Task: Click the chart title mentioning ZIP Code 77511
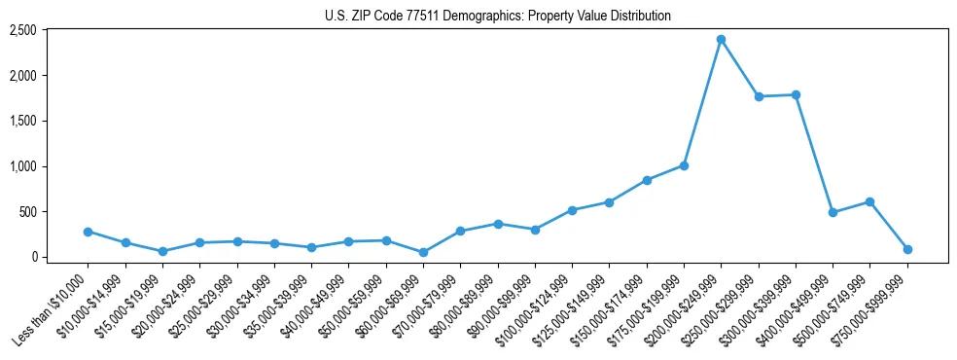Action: [x=497, y=16]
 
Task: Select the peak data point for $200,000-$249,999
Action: [x=721, y=39]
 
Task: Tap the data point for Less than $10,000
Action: [x=88, y=232]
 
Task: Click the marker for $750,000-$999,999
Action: [x=907, y=249]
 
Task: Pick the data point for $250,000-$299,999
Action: [x=759, y=96]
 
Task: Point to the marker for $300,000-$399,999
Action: [x=796, y=94]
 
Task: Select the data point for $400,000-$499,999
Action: [x=833, y=212]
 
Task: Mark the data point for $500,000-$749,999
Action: [x=869, y=201]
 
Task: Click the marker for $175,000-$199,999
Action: [x=684, y=165]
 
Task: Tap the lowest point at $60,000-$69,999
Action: [x=423, y=252]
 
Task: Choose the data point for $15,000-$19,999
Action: [x=162, y=251]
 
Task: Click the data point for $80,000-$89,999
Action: [x=498, y=224]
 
